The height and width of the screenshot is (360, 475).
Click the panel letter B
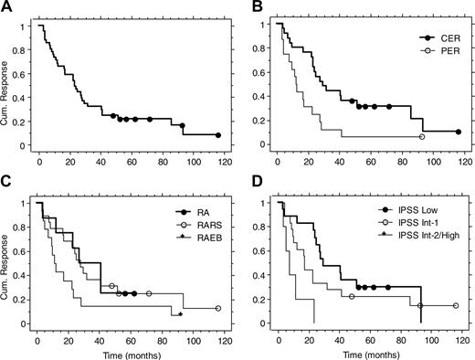(x=255, y=7)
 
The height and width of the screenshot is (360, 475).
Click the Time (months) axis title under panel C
(x=124, y=351)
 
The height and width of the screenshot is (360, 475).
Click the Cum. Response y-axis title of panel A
(x=8, y=83)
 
